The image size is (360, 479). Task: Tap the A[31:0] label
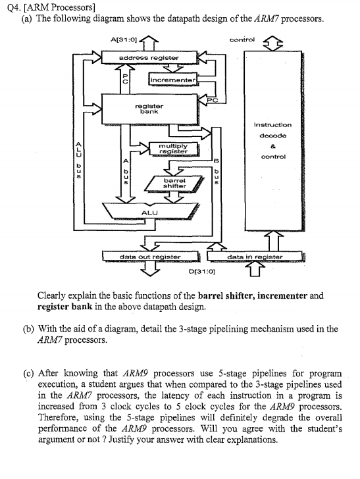[124, 42]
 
